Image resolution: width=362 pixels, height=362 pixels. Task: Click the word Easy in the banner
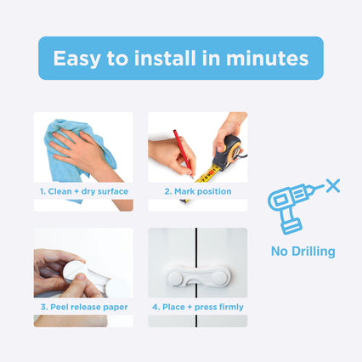pyautogui.click(x=76, y=59)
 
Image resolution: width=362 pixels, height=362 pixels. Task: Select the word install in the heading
pyautogui.click(x=165, y=58)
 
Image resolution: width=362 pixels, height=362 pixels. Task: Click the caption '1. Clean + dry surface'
pyautogui.click(x=84, y=191)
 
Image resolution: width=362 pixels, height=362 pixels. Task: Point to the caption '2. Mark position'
pyautogui.click(x=198, y=191)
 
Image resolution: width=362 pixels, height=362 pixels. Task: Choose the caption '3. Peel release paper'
pyautogui.click(x=84, y=307)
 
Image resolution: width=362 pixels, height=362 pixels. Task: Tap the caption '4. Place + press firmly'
pyautogui.click(x=198, y=307)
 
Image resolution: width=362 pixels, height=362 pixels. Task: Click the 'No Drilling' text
pyautogui.click(x=303, y=252)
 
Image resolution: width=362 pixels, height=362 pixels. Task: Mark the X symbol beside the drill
pyautogui.click(x=333, y=186)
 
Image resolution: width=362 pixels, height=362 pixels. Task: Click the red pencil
pyautogui.click(x=184, y=153)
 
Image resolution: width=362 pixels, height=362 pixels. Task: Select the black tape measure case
pyautogui.click(x=228, y=152)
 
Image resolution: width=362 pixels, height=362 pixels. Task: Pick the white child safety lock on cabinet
pyautogui.click(x=199, y=276)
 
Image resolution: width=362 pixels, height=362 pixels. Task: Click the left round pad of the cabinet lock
pyautogui.click(x=175, y=278)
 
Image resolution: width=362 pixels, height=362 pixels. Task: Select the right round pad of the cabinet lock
pyautogui.click(x=220, y=278)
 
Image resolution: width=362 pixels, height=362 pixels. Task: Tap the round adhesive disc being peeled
pyautogui.click(x=74, y=271)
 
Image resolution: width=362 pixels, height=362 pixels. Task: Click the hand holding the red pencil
pyautogui.click(x=173, y=156)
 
